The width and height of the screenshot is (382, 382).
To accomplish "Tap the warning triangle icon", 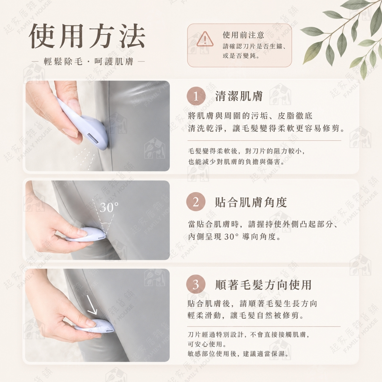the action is (205, 39).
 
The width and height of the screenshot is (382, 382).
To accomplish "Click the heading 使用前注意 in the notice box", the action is (244, 35).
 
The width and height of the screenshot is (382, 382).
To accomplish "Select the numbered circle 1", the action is (196, 96).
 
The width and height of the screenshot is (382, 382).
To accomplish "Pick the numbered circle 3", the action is (196, 284).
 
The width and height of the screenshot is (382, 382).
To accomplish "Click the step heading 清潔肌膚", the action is (239, 96).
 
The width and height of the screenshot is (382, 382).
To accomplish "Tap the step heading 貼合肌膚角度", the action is (251, 202).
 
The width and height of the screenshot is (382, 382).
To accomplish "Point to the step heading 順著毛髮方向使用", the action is (263, 285).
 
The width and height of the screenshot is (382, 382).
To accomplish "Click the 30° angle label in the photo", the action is (109, 207).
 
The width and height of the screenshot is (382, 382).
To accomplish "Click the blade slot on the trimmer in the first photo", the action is (93, 138).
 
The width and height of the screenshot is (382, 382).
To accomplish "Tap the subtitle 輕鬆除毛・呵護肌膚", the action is (88, 62).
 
